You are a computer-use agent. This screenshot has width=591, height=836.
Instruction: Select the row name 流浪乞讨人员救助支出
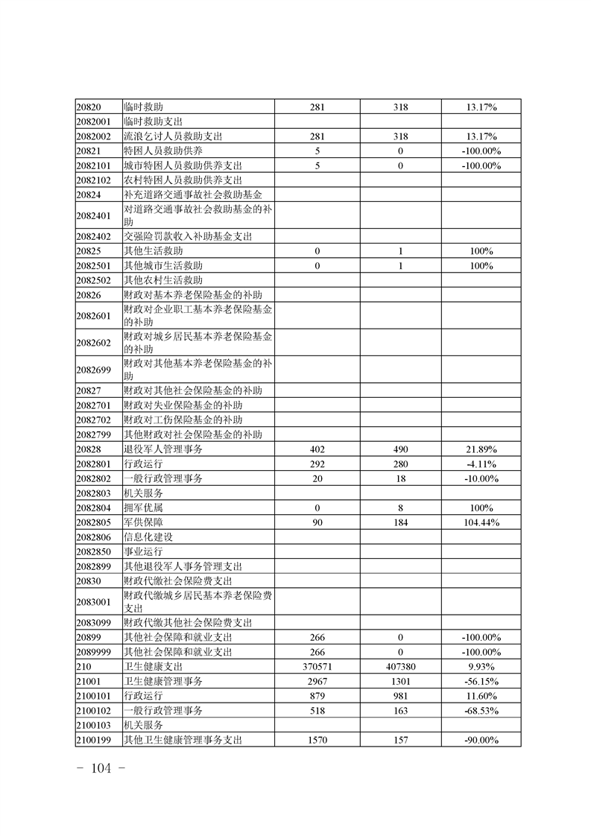(x=173, y=136)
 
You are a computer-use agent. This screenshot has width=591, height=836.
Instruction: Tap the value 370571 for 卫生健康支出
(x=317, y=666)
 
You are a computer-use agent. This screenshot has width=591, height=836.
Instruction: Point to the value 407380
(x=401, y=666)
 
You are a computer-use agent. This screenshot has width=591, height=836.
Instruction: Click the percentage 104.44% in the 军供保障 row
(x=481, y=522)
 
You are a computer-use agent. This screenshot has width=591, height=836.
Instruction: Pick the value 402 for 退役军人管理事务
(x=317, y=449)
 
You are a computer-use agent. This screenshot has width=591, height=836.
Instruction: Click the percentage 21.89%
(x=481, y=449)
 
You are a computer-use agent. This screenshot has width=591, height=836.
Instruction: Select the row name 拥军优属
(x=143, y=507)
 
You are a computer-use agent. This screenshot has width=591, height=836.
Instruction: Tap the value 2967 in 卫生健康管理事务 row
(x=317, y=681)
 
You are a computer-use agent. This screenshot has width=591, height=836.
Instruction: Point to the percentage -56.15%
(x=481, y=681)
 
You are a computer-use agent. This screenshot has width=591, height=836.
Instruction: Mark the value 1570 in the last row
(x=317, y=739)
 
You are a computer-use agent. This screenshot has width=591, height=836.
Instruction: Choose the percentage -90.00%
(x=481, y=739)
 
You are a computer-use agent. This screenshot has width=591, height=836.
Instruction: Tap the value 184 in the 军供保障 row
(x=401, y=522)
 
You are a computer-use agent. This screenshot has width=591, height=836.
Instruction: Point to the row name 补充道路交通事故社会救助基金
(x=193, y=194)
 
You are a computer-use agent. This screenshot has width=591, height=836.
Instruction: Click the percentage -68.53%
(x=481, y=710)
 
